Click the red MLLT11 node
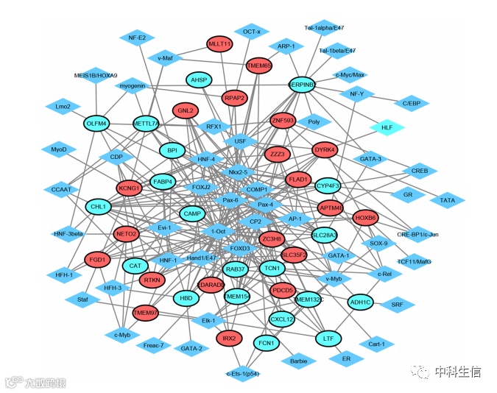point(219,44)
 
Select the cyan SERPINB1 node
point(302,85)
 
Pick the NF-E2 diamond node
point(137,38)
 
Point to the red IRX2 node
point(229,339)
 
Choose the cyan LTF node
point(328,339)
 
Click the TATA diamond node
point(447,199)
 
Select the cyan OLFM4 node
point(97,124)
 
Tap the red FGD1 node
point(96,260)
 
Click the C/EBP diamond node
point(410,103)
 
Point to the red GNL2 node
point(185,111)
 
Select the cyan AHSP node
point(198,80)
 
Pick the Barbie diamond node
point(298,361)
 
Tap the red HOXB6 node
point(365,219)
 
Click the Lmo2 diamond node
point(63,107)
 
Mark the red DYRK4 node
point(325,150)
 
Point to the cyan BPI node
point(172,151)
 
